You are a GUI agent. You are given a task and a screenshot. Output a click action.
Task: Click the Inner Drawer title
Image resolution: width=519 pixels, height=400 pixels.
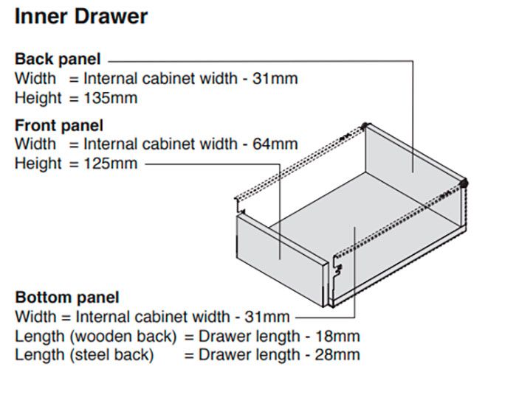(x=81, y=16)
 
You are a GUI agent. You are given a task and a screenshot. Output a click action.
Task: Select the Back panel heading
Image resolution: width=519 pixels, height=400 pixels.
(x=58, y=60)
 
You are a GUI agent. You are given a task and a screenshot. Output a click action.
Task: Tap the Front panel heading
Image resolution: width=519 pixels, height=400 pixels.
(x=59, y=126)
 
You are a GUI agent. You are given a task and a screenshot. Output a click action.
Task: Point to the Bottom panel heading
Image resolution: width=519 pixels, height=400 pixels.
(x=67, y=298)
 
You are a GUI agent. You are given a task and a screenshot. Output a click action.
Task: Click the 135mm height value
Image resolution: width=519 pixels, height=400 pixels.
(x=111, y=98)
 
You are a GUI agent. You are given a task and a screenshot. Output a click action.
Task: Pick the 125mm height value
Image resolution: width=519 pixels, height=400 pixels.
(x=111, y=164)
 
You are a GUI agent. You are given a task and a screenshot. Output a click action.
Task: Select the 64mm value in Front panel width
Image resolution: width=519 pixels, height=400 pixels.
(x=275, y=144)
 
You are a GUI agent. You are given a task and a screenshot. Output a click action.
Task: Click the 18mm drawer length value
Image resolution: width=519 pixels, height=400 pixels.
(x=337, y=337)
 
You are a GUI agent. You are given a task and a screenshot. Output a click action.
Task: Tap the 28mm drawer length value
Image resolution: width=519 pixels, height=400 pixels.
(x=337, y=355)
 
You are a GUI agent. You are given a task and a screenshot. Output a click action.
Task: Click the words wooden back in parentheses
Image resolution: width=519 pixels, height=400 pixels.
(x=123, y=337)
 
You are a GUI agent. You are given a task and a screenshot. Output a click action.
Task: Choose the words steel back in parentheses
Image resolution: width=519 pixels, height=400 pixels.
(x=112, y=355)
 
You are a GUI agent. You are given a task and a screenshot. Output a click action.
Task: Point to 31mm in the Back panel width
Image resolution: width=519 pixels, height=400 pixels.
(x=275, y=79)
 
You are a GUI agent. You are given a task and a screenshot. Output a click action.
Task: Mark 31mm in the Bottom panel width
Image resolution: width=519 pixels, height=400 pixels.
(x=267, y=317)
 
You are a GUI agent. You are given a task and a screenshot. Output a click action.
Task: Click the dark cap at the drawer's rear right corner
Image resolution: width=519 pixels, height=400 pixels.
(x=464, y=183)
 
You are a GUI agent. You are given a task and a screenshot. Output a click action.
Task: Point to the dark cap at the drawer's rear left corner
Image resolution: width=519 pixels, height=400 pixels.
(x=365, y=126)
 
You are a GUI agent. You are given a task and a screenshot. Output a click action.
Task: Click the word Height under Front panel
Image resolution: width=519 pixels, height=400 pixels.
(x=38, y=164)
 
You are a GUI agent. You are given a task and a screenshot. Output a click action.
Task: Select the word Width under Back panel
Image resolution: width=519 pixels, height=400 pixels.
(x=35, y=79)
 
